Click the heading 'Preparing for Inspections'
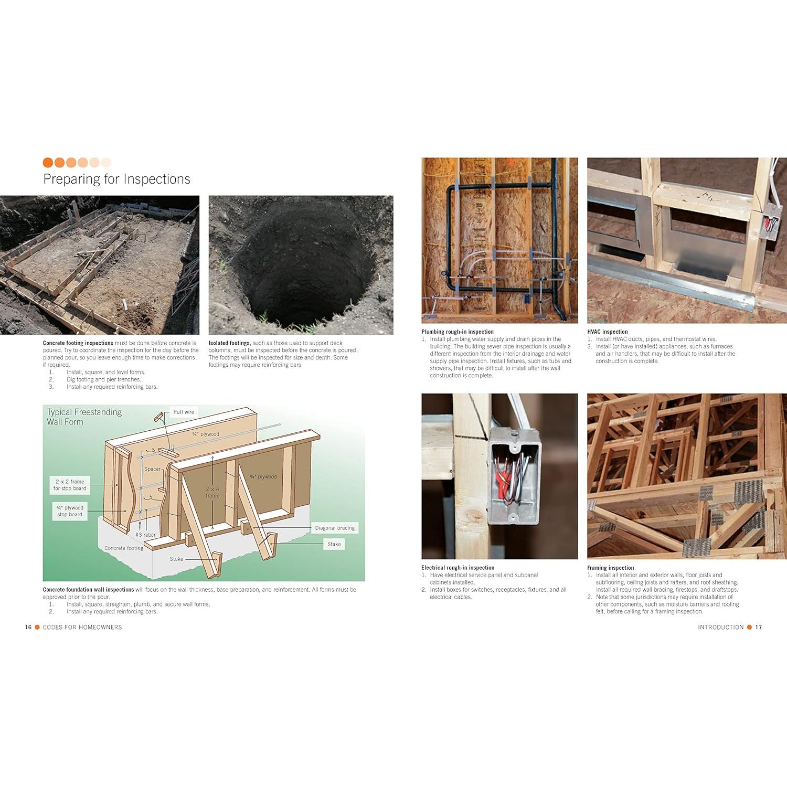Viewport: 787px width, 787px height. [x=116, y=179]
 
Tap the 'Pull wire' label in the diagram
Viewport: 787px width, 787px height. [x=184, y=412]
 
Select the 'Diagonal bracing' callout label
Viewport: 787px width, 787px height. [x=335, y=528]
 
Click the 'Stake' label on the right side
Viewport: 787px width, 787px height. [x=334, y=544]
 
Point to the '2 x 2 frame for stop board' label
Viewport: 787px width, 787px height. [x=70, y=485]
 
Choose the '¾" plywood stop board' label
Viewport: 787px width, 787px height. [x=70, y=511]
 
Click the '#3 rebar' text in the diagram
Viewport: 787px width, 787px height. [x=145, y=535]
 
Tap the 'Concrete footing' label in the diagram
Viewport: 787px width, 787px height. [x=124, y=548]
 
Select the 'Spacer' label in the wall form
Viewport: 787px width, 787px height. [x=153, y=469]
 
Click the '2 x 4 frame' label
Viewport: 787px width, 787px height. [x=212, y=492]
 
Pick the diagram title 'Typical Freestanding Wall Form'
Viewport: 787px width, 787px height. [x=84, y=417]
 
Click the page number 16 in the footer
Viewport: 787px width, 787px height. [x=28, y=627]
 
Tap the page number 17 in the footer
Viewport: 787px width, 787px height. [x=759, y=627]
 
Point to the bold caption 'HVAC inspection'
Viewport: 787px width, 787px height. [x=607, y=332]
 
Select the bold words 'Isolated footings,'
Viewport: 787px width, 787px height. [x=230, y=343]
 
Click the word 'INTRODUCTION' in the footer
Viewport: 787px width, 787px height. [x=720, y=627]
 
